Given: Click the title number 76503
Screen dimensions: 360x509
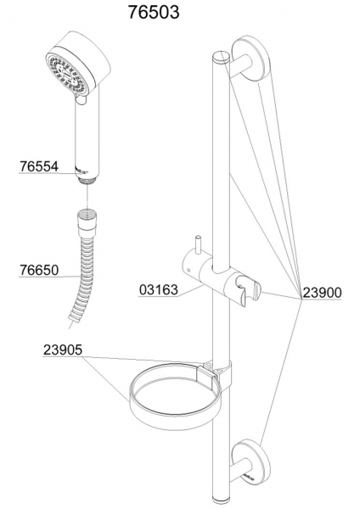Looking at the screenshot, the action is [x=154, y=13].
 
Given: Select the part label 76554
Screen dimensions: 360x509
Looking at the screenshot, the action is [x=39, y=166].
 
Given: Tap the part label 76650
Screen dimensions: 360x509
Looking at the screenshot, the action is [x=39, y=270].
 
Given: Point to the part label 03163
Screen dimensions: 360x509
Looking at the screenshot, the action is [x=159, y=289].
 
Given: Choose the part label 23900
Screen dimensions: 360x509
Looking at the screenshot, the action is [x=322, y=293].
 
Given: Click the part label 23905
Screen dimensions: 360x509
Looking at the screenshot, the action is [x=63, y=350].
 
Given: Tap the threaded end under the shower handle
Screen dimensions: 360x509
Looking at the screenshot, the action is [x=87, y=181].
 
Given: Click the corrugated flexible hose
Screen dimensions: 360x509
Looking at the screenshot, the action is [x=82, y=279].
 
